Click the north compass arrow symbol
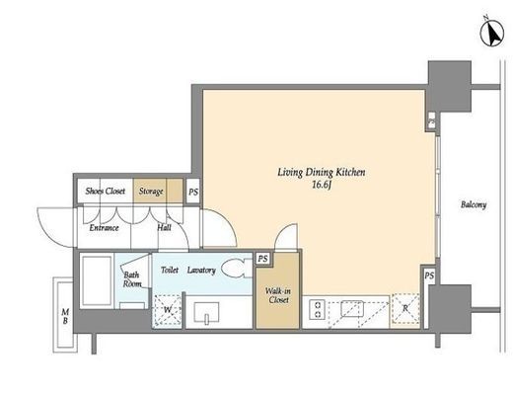[492, 33]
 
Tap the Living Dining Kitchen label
[322, 173]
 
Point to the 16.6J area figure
[322, 185]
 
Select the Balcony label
[474, 204]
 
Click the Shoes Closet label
[106, 191]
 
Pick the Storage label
[151, 192]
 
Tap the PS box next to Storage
[193, 192]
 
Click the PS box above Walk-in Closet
[262, 259]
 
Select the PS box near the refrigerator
[429, 275]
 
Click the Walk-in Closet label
[278, 295]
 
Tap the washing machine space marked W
[168, 310]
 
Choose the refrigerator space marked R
[405, 309]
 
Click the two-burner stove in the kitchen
[318, 309]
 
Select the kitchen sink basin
[352, 309]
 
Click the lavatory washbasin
[206, 312]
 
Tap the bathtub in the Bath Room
[97, 280]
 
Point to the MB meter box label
[65, 316]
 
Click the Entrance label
[104, 228]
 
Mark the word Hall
[164, 228]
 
